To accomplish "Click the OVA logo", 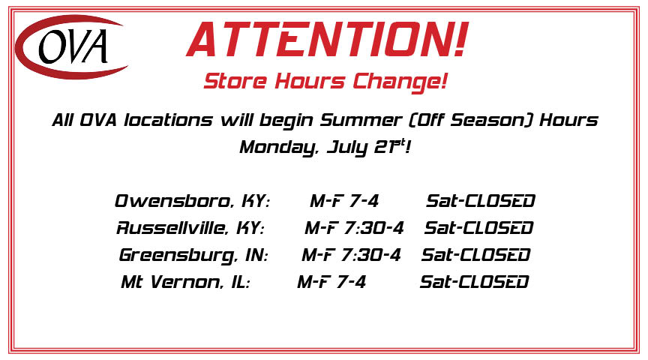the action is point(71,46).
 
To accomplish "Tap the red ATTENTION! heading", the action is point(327,39).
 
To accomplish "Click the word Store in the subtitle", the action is point(235,80).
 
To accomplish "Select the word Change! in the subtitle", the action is point(400,82).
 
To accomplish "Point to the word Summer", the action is point(361,120).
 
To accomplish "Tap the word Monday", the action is point(279,148).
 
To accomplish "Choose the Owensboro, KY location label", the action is point(193,201).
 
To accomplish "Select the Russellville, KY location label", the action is point(190,228).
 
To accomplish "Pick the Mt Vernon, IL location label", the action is point(185,282).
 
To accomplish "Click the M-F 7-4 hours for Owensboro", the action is point(344,201).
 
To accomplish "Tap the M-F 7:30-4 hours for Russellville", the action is point(354,228).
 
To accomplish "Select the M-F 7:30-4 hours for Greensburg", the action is point(351,255).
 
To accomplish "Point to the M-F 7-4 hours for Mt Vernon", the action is point(331,282).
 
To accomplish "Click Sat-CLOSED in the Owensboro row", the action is point(481,201).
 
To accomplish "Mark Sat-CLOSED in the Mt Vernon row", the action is point(475,282).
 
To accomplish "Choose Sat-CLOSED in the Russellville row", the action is point(479,228).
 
